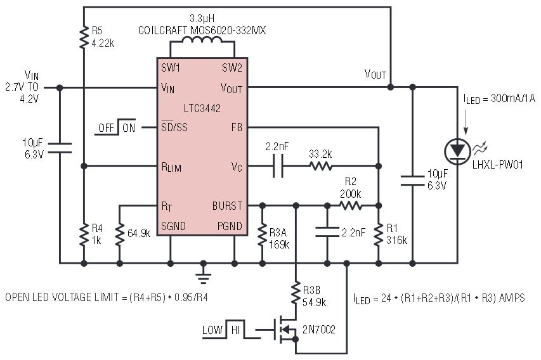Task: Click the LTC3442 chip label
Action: tap(202, 108)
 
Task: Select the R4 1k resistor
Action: tap(84, 234)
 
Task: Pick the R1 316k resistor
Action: tap(378, 234)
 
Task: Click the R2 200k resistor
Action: tap(351, 205)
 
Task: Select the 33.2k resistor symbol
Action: tap(321, 167)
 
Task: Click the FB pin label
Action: tap(237, 127)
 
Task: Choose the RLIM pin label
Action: tap(173, 167)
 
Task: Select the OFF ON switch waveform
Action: tap(117, 127)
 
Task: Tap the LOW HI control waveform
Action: tap(222, 330)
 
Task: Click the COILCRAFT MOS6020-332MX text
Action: tap(202, 30)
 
